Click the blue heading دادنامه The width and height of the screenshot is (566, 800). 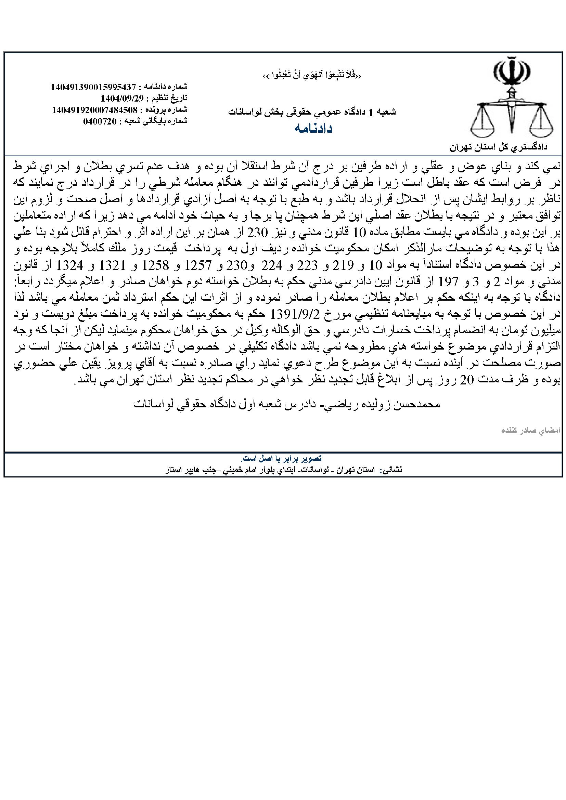point(313,129)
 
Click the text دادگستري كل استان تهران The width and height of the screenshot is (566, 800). point(499,147)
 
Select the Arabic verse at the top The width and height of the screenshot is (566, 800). point(313,76)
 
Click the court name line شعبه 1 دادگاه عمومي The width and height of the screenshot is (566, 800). point(312,112)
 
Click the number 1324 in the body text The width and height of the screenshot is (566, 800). point(71,266)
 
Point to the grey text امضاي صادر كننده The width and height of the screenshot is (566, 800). point(540,431)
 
